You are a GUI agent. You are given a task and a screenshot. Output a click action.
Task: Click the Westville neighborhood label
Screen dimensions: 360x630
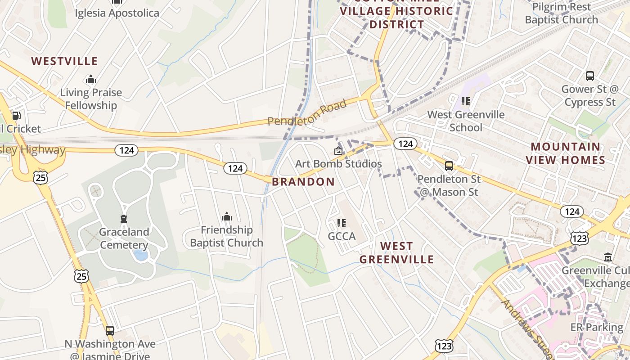(x=64, y=61)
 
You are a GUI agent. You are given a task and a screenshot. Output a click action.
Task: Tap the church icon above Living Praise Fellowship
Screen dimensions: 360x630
(x=91, y=80)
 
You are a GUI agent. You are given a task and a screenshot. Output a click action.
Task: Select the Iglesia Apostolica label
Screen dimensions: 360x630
(x=117, y=13)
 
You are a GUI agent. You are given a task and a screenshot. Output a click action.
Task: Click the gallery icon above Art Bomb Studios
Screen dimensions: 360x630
(x=338, y=151)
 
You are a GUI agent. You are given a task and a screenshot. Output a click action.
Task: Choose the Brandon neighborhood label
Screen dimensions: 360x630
(x=303, y=182)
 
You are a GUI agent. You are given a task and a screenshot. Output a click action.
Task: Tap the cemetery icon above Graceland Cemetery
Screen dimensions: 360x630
(x=124, y=219)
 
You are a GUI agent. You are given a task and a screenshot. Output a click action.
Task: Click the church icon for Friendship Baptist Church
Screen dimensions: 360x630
(x=226, y=217)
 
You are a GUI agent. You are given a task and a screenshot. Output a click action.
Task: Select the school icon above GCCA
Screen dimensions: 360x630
(x=342, y=223)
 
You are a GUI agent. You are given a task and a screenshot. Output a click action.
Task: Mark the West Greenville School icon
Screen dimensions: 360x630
(x=466, y=101)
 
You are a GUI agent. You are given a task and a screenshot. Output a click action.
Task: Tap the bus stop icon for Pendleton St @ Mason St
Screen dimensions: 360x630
(x=449, y=166)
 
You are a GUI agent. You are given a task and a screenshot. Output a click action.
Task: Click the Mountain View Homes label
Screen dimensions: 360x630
(x=566, y=153)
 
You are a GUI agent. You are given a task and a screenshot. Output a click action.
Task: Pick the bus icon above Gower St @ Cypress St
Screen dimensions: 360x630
(x=589, y=76)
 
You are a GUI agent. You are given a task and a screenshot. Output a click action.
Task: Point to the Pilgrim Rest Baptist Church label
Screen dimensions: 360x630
(x=561, y=13)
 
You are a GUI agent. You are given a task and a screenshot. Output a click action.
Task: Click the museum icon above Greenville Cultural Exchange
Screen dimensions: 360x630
(x=608, y=257)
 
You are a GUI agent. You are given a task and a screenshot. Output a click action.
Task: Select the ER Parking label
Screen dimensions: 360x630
(x=597, y=327)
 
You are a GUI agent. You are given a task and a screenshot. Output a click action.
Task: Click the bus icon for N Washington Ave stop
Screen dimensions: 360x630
(x=110, y=331)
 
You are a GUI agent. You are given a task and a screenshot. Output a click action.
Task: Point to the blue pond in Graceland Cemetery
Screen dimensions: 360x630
(x=141, y=255)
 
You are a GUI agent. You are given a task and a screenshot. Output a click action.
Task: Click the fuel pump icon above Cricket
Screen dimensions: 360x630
(x=16, y=116)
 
